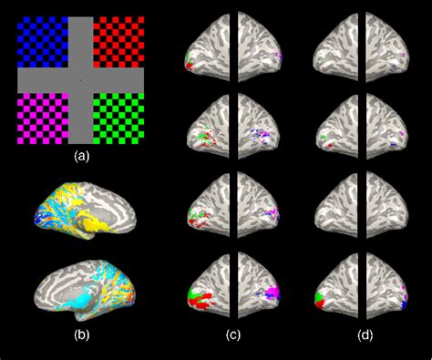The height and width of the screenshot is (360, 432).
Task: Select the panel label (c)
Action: tap(233, 334)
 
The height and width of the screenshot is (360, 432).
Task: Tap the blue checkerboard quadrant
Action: tap(42, 41)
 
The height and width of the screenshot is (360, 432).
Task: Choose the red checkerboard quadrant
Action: tap(119, 41)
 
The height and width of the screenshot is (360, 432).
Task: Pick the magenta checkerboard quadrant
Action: tap(42, 118)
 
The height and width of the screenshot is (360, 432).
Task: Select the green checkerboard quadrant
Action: tap(119, 118)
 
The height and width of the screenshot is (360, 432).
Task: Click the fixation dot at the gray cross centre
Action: tap(80, 80)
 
